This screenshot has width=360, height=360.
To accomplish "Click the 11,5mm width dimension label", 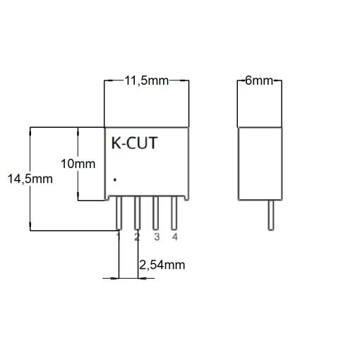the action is tap(146, 81).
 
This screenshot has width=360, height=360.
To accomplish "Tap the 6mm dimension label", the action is tap(259, 80).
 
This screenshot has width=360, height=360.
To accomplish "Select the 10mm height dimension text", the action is tap(78, 164).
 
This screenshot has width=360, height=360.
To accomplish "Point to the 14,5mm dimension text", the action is tap(30, 179).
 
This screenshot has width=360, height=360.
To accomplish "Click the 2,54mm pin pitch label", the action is tap(162, 265).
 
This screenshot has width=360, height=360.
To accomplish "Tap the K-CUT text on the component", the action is tap(134, 143).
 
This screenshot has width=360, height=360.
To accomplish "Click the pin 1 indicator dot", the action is tap(115, 180).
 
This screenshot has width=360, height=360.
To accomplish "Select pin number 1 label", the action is tap(119, 236).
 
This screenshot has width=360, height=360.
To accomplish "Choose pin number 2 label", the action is tap(137, 237).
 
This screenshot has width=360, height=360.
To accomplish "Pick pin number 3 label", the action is tap(157, 237).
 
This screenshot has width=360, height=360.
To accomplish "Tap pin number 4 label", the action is tap(174, 236).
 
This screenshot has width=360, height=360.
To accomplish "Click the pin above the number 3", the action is tap(155, 213).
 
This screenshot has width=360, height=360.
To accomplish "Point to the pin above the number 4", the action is tap(174, 213).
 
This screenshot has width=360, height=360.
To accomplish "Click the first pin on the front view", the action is tap(119, 213).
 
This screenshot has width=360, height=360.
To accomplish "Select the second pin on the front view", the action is tap(138, 213).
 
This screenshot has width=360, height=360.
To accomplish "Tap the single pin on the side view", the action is tap(271, 215).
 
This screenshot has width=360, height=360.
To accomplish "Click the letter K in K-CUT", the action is tap(116, 143).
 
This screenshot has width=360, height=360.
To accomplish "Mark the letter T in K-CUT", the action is tap(152, 143).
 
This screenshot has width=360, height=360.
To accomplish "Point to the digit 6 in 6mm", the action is tap(248, 80).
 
